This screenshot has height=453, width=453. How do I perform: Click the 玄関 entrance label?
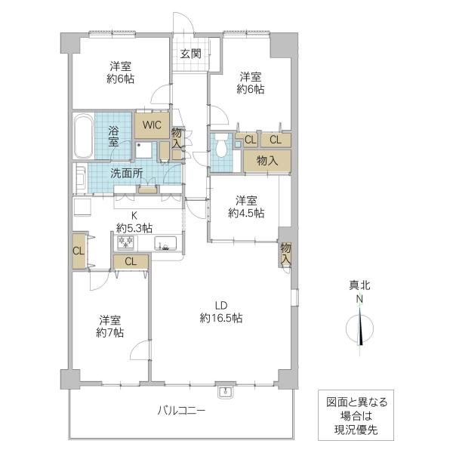(190, 54)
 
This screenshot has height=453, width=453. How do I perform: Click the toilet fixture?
(220, 145)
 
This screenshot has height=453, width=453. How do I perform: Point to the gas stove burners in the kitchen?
(124, 242)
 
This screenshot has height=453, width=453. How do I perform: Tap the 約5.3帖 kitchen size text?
(134, 227)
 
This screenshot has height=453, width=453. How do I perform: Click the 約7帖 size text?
(110, 331)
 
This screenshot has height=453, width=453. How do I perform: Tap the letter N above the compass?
(359, 300)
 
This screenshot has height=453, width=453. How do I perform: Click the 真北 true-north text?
(359, 286)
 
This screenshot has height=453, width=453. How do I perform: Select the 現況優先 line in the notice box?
(354, 429)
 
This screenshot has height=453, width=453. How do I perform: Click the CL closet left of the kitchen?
(79, 251)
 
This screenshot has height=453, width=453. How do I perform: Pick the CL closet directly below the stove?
(131, 262)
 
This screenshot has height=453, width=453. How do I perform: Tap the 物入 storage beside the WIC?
(177, 139)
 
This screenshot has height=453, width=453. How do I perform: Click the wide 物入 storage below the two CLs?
(267, 160)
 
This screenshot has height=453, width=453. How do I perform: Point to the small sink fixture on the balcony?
(224, 391)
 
